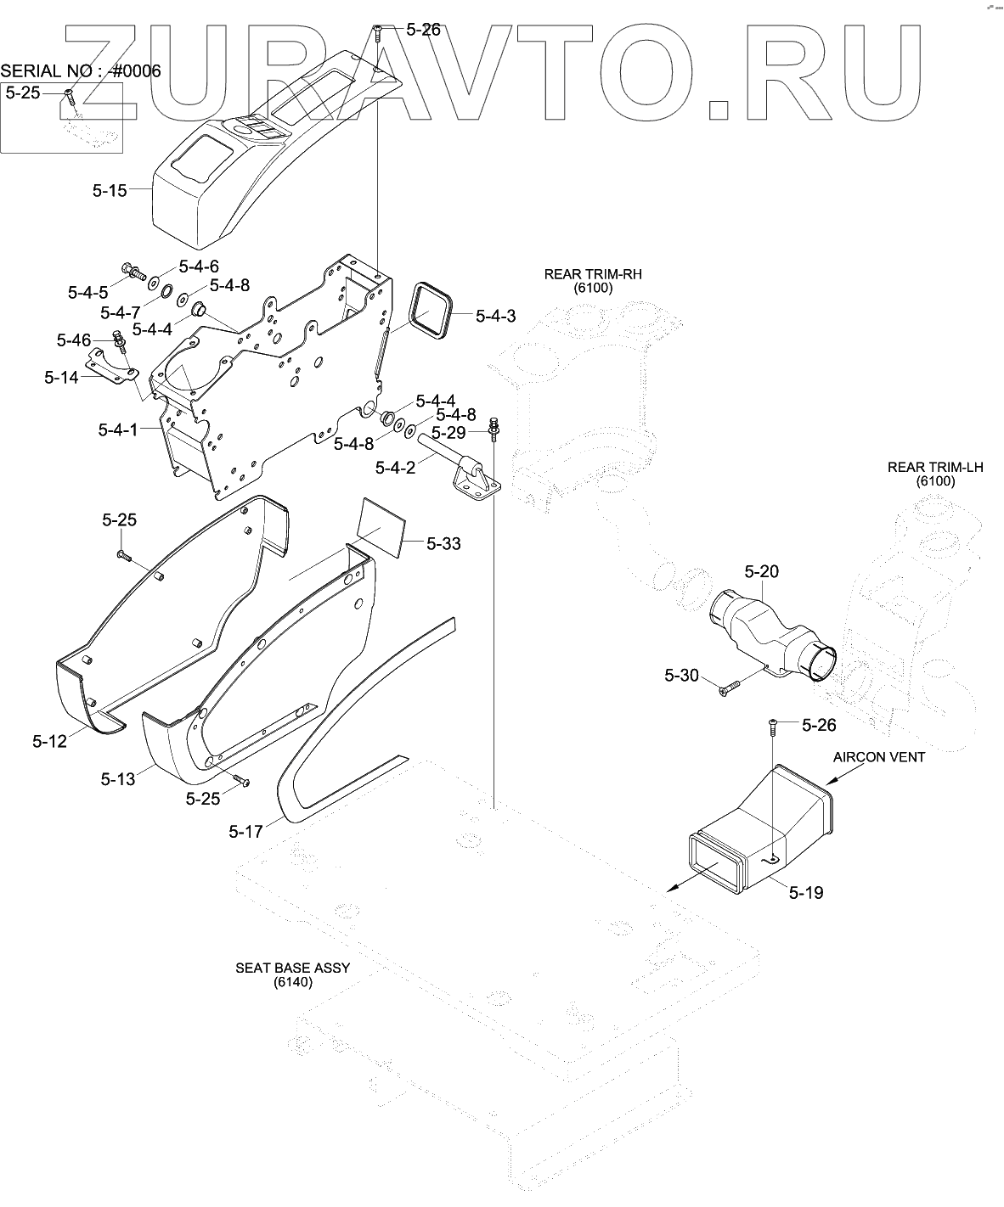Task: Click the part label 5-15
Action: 110,190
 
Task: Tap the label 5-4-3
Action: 495,317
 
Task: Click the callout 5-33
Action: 443,543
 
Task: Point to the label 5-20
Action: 762,571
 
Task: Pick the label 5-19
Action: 805,892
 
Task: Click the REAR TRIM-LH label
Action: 935,467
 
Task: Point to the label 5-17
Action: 245,832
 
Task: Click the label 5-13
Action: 118,778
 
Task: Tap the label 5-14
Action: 61,376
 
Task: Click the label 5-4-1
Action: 118,429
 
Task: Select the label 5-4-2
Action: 396,467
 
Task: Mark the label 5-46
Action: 74,340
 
